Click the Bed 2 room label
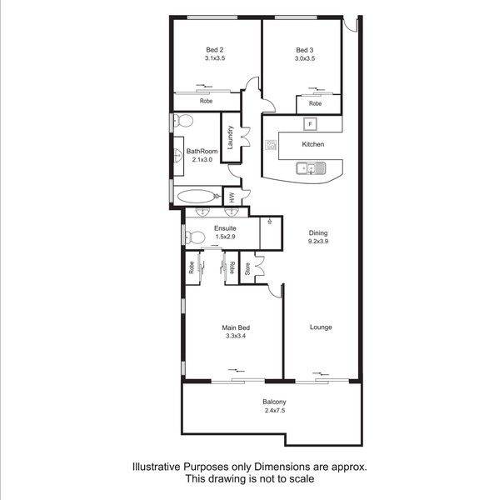(x=215, y=50)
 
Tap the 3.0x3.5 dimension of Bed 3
(x=305, y=58)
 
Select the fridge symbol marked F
(x=310, y=124)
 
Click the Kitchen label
(x=313, y=144)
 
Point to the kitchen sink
(x=311, y=168)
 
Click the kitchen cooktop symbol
(x=271, y=145)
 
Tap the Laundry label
(x=230, y=137)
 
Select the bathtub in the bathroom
(x=197, y=196)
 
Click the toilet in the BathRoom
(x=183, y=121)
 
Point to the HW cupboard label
(x=232, y=197)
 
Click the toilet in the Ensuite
(x=195, y=237)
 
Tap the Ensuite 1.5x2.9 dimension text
(x=226, y=237)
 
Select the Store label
(x=247, y=269)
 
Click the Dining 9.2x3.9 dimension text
(x=318, y=241)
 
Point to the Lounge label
(x=321, y=327)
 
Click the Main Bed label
(x=236, y=327)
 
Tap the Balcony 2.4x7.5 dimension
(x=275, y=410)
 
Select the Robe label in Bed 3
(x=315, y=103)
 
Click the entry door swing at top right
(x=351, y=26)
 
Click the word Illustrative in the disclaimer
(x=157, y=467)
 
